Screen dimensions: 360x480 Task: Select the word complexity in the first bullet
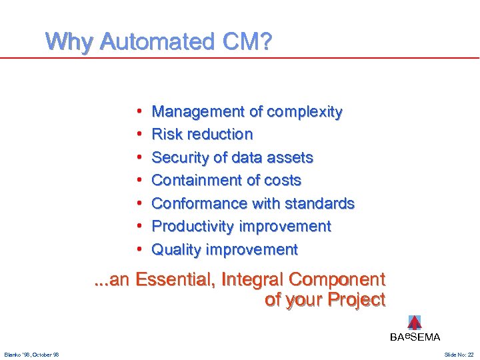305,112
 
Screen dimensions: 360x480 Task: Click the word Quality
177,250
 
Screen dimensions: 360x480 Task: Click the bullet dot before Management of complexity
137,112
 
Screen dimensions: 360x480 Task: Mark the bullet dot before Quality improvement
137,250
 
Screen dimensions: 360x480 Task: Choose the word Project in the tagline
356,300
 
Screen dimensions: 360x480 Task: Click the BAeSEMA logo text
415,337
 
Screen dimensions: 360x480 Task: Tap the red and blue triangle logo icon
415,323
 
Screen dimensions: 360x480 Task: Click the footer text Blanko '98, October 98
31,355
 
